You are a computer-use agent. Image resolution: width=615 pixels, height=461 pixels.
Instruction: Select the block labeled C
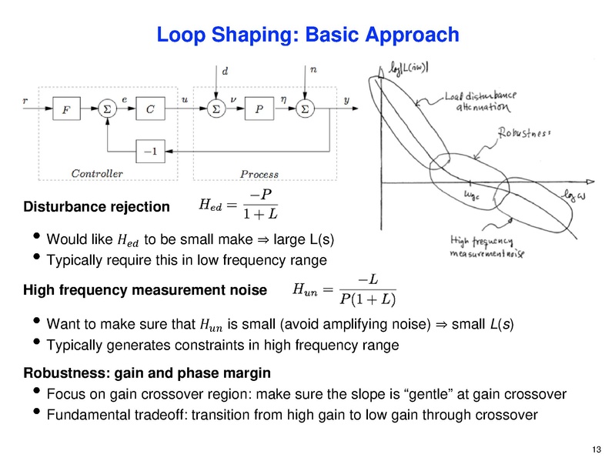point(150,110)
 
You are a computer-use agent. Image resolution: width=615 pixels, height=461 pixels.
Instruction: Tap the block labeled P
point(259,110)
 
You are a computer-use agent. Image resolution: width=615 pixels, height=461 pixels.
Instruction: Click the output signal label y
point(346,100)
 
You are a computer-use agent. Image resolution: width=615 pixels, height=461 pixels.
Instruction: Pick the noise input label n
point(313,70)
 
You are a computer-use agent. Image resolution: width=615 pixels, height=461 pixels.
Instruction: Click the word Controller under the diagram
point(96,173)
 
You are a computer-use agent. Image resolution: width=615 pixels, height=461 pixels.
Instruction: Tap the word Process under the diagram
point(259,174)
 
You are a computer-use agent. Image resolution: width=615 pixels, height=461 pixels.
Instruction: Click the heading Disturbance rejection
point(96,207)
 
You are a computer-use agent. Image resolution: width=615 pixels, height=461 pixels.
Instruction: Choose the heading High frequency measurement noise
point(145,291)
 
